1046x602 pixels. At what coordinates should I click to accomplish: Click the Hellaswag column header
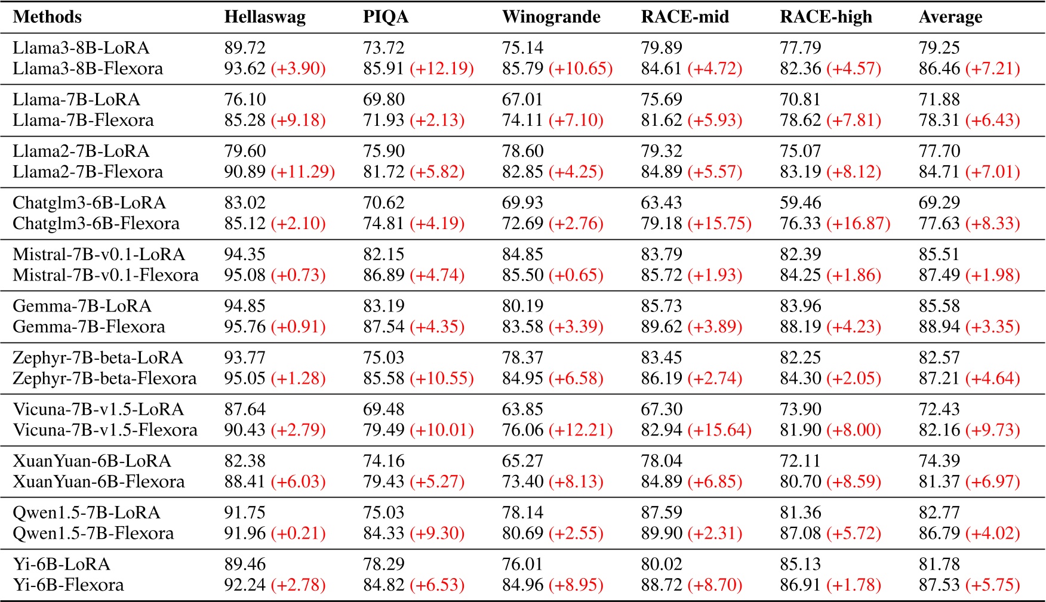pos(264,17)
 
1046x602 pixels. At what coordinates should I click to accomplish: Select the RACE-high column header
pos(826,17)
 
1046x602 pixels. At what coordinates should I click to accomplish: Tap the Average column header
pos(950,17)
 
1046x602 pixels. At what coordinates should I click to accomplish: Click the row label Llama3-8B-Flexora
pos(88,69)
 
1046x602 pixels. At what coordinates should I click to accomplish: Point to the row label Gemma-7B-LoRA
pos(82,306)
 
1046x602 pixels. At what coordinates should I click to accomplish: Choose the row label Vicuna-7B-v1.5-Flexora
pos(105,430)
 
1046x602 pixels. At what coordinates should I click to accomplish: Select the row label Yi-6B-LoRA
pos(61,564)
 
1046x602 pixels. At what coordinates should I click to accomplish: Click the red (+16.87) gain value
pos(859,224)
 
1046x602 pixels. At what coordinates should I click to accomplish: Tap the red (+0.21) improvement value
pos(298,533)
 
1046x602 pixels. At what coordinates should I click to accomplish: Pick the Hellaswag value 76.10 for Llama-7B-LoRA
pos(245,100)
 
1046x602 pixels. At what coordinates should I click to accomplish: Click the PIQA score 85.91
pos(384,69)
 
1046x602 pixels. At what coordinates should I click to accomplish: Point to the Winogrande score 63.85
pos(522,409)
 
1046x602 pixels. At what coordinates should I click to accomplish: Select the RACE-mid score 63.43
pos(662,203)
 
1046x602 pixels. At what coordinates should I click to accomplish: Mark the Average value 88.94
pos(939,327)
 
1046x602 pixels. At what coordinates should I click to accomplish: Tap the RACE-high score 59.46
pos(800,203)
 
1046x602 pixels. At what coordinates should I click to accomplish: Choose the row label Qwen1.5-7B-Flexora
pos(93,533)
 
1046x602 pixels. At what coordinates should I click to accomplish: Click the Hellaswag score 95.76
pos(245,327)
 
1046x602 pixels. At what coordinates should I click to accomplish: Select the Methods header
pos(47,17)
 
